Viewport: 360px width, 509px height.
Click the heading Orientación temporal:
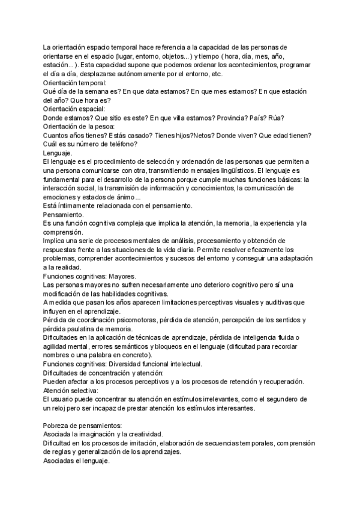[75, 83]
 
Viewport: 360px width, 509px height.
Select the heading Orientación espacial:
[74, 109]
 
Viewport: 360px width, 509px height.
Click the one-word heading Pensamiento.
[64, 214]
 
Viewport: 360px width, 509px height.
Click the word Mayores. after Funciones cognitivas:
[135, 276]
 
